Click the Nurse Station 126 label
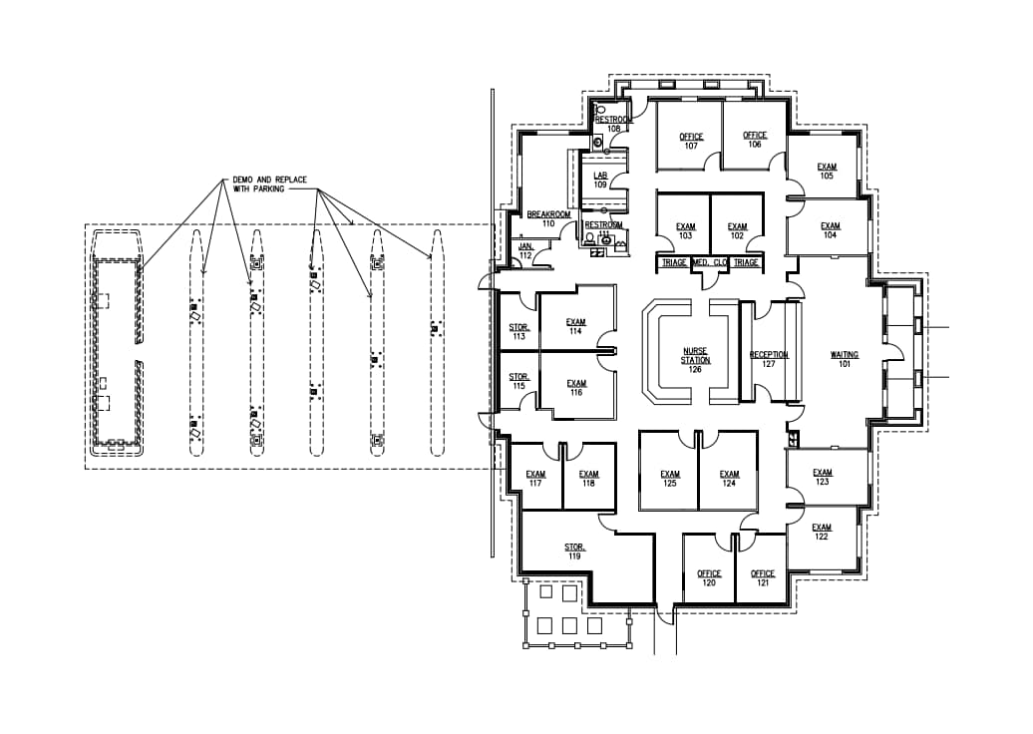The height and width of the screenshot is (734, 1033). point(696,361)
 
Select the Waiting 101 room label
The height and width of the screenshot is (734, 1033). point(845,360)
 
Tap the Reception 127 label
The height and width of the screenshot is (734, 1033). point(769,360)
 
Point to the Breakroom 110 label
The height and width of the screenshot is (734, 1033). point(547,219)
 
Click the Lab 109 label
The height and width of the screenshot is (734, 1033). point(600,180)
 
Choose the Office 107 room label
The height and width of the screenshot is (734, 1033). point(691,142)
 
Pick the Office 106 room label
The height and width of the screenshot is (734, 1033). point(755,141)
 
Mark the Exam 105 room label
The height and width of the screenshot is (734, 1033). point(827,172)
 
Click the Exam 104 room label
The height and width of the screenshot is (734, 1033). point(830,231)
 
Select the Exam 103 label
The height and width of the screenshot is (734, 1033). point(685,231)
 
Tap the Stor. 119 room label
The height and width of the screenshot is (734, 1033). point(574,551)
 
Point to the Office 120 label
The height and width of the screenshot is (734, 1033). point(709,578)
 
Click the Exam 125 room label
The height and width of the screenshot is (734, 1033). point(669,480)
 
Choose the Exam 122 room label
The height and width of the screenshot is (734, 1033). point(821,533)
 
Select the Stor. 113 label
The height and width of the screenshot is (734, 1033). point(518,332)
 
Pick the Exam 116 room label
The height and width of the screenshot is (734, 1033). point(575,389)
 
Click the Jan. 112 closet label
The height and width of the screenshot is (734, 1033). point(525,250)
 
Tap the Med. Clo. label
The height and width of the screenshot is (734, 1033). point(709,262)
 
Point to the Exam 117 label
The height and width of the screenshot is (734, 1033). point(535,480)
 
